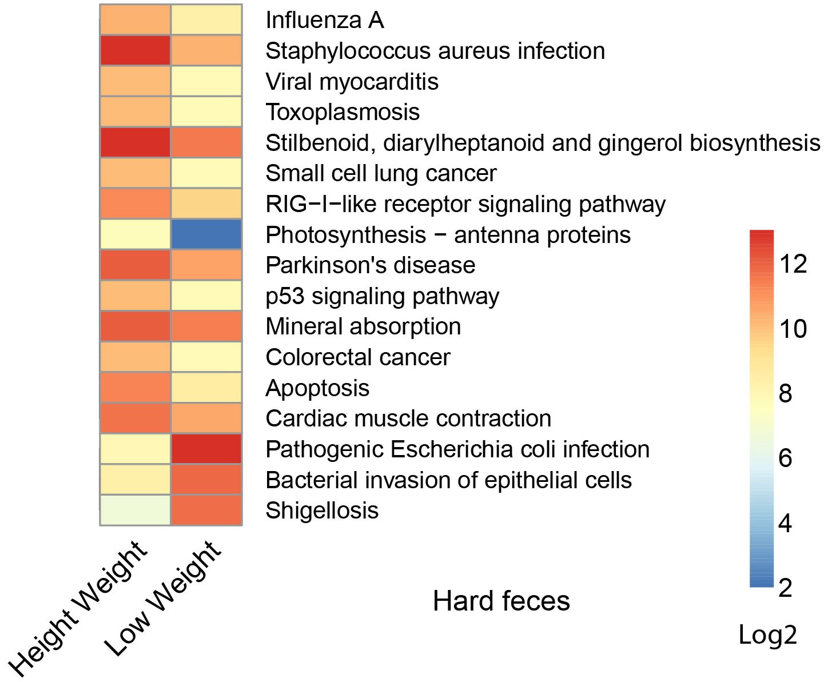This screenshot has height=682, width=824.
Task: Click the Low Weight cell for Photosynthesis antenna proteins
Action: (206, 234)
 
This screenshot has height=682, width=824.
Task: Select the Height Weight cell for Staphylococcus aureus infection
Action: (136, 51)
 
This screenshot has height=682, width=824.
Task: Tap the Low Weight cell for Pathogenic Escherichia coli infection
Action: (206, 449)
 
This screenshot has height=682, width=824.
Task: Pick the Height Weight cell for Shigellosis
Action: (136, 510)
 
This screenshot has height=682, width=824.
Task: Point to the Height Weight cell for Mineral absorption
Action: (136, 326)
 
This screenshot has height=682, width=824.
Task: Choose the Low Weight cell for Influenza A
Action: (206, 20)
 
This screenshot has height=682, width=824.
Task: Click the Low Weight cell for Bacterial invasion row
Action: (206, 479)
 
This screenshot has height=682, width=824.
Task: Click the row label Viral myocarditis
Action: (352, 82)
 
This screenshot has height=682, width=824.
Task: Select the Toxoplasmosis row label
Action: (343, 112)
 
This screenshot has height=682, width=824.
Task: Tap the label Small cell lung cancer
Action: (381, 173)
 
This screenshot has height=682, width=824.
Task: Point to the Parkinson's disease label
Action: (371, 265)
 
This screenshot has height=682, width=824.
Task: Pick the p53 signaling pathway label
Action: (383, 296)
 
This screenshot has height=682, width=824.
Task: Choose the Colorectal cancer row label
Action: (358, 357)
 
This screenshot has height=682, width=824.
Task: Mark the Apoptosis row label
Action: (317, 388)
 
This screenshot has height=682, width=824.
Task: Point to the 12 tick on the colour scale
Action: (793, 264)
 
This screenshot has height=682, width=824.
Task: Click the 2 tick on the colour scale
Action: (786, 587)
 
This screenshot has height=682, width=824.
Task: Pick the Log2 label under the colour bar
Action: (767, 635)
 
